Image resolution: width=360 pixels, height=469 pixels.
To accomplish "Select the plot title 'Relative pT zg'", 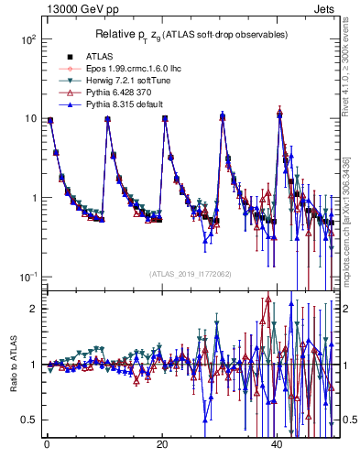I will point(190,34).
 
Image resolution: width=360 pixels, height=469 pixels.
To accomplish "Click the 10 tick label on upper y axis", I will point(29,119).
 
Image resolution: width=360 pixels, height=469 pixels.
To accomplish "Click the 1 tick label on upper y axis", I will point(32,198).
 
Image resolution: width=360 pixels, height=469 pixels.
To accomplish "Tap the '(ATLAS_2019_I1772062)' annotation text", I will point(190,273).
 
